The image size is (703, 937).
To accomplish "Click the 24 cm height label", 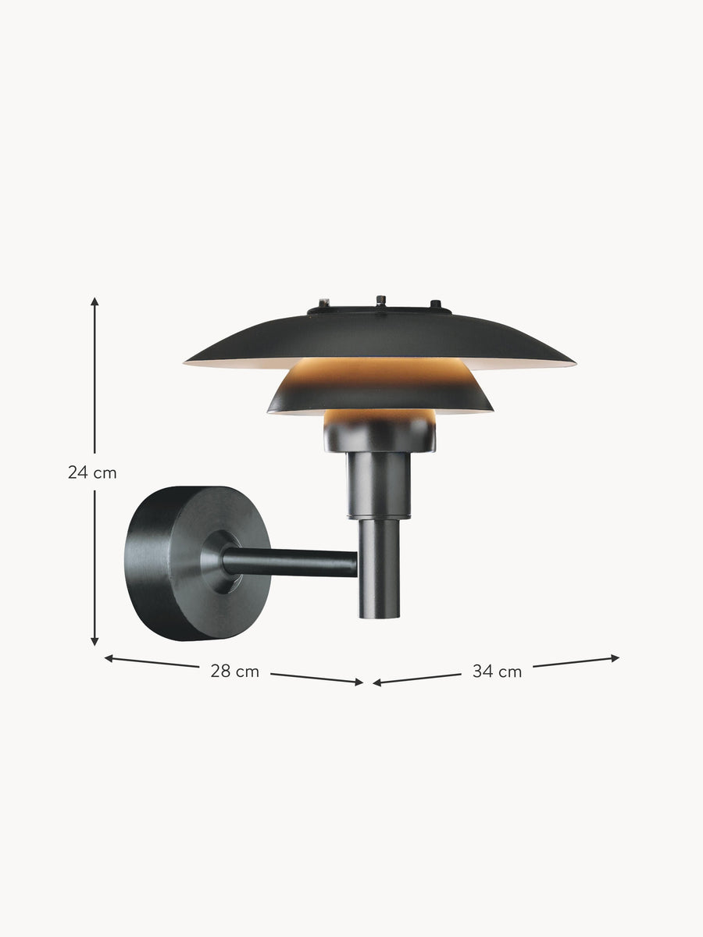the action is click(92, 472).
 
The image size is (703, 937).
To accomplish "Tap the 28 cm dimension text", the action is click(235, 672).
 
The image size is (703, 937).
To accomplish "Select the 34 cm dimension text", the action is click(498, 672).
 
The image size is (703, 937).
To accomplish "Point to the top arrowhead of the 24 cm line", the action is click(95, 301).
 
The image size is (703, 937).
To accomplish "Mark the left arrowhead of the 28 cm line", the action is click(109, 659).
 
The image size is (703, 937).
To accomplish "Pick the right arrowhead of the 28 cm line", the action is click(359, 682).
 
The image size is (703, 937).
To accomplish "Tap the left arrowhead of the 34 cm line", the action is click(377, 683).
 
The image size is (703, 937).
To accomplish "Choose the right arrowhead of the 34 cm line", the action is click(615, 658).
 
